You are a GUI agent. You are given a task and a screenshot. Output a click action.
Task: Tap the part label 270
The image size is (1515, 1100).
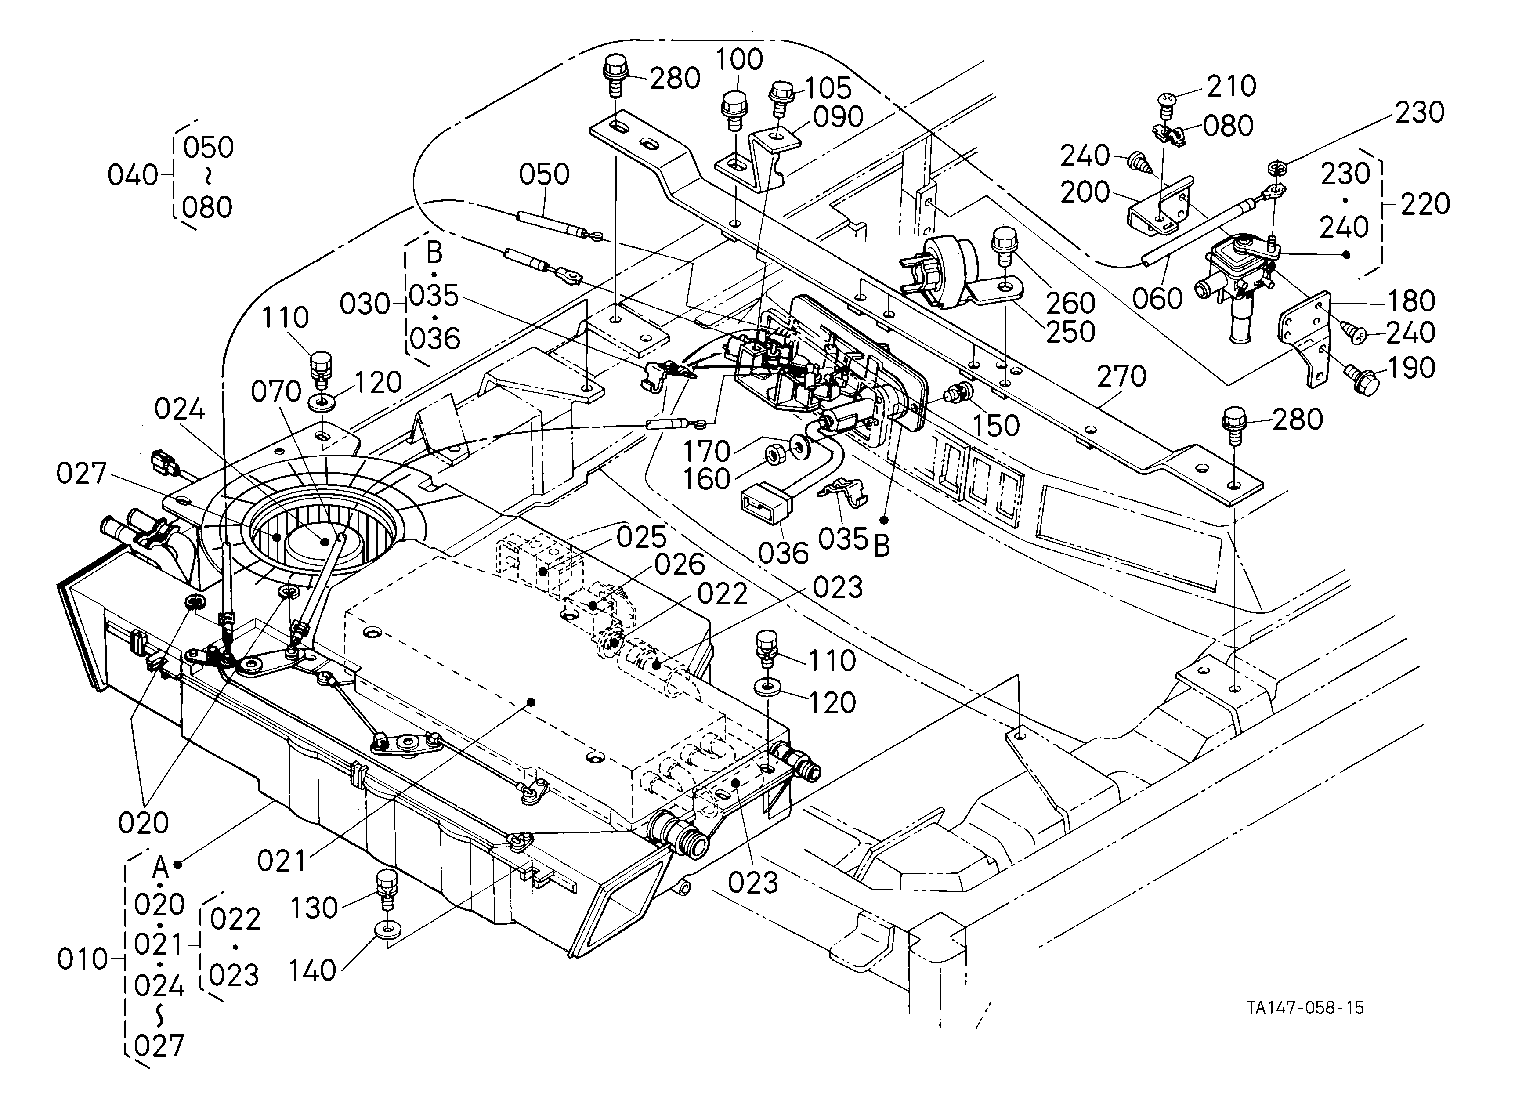click(x=1121, y=376)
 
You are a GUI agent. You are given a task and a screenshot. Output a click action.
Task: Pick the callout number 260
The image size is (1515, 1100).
click(x=1070, y=303)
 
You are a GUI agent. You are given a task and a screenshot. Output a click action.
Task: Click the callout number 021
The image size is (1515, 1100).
click(x=282, y=861)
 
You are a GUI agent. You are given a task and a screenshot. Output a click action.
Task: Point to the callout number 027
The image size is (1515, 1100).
click(x=82, y=474)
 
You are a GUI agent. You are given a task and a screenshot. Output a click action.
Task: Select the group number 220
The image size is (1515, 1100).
click(x=1425, y=204)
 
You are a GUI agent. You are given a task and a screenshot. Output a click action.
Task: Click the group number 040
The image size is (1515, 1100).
click(x=133, y=176)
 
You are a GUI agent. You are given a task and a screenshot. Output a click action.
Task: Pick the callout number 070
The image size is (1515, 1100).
click(x=275, y=392)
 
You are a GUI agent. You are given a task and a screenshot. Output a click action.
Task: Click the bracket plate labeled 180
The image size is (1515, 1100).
click(x=1302, y=337)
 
